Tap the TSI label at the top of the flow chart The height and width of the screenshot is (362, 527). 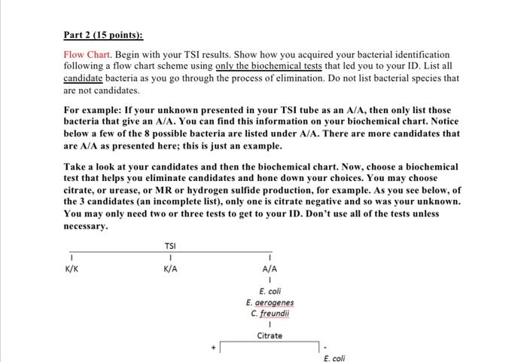click(x=171, y=246)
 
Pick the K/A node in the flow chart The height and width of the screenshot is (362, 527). click(x=171, y=268)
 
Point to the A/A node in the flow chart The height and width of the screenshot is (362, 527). click(x=270, y=268)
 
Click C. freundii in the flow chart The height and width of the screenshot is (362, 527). click(x=270, y=314)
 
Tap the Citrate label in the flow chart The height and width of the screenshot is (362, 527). click(x=270, y=336)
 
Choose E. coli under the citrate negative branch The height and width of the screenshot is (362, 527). click(x=335, y=358)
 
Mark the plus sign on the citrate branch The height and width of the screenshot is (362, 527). click(x=214, y=347)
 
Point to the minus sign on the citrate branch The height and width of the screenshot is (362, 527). click(x=324, y=347)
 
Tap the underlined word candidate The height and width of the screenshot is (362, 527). click(x=83, y=78)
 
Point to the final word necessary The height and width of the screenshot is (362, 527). click(x=86, y=225)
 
